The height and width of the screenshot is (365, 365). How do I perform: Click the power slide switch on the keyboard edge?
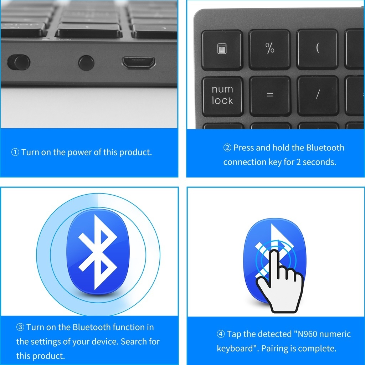[x=19, y=62]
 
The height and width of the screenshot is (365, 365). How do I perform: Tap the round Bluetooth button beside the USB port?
[x=86, y=63]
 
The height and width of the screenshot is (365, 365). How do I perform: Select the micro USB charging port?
[x=139, y=63]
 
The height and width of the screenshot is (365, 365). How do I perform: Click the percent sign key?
[x=270, y=49]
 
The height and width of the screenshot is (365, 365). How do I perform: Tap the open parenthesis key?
[x=317, y=49]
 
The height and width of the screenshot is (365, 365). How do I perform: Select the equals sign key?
[x=270, y=95]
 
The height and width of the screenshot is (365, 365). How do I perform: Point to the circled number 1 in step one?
[x=15, y=153]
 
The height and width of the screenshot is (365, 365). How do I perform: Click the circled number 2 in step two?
[x=227, y=148]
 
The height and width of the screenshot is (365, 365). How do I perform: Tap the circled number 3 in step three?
[x=20, y=327]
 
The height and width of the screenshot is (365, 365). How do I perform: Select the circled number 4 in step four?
[x=221, y=334]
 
